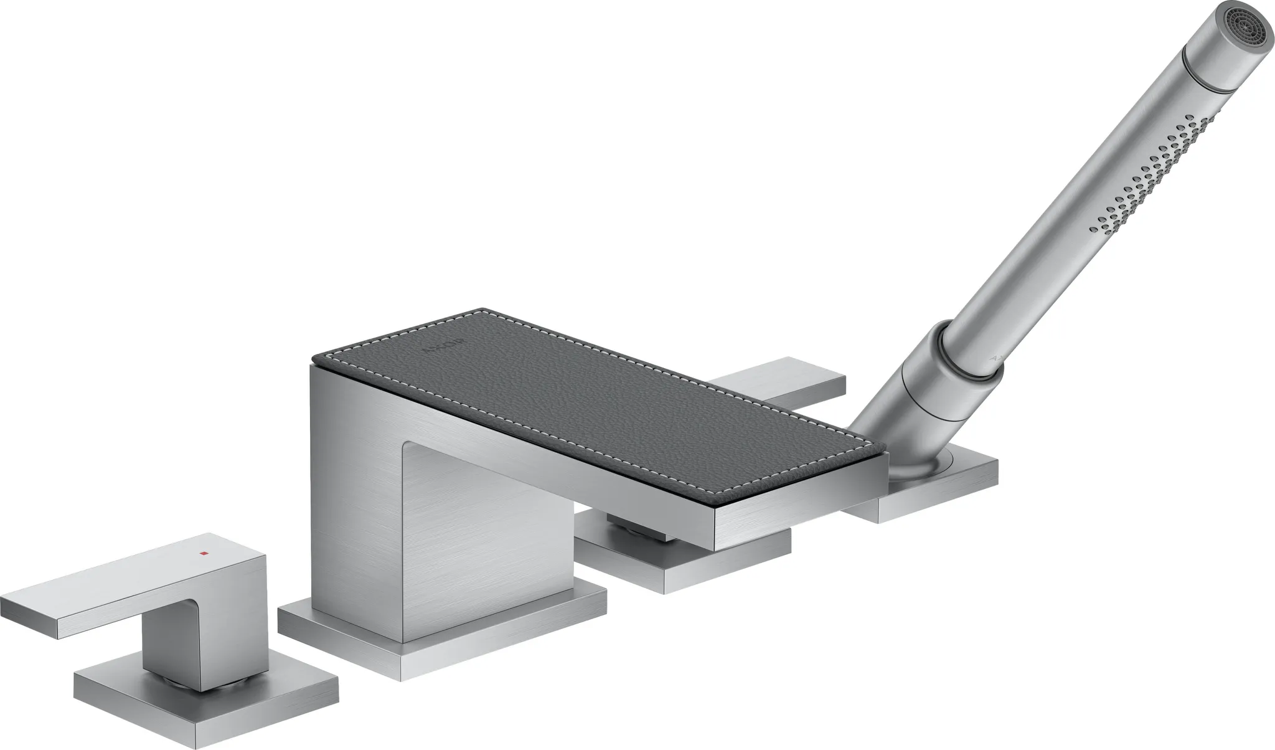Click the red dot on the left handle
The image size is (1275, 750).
202,553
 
